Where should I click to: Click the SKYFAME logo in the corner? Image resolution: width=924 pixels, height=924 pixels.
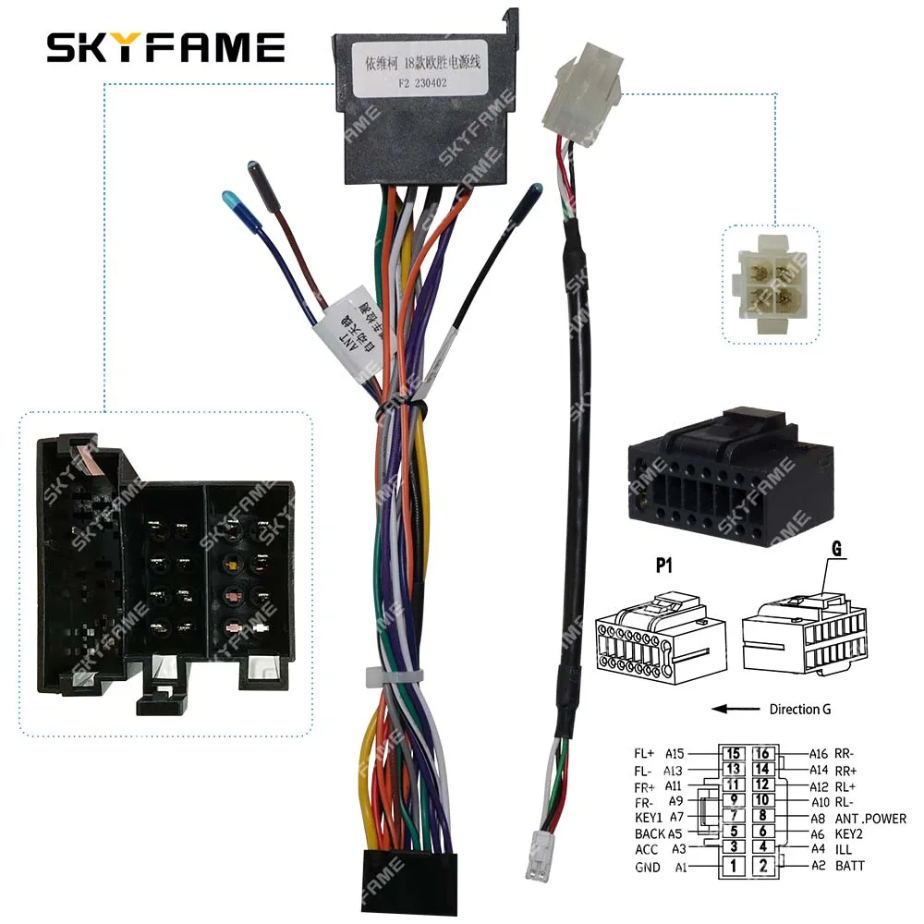166,47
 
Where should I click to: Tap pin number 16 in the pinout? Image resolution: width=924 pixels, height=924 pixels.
764,753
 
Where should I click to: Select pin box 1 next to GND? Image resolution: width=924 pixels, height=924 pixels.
733,866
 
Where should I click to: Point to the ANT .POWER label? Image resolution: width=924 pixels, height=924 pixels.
870,818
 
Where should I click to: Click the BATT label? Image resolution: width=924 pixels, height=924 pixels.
851,866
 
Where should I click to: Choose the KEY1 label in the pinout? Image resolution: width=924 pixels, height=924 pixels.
649,818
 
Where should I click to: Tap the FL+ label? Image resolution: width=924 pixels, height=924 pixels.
645,753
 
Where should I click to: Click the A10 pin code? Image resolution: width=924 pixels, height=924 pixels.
795,801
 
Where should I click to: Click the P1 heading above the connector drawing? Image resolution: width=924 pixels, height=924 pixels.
663,566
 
